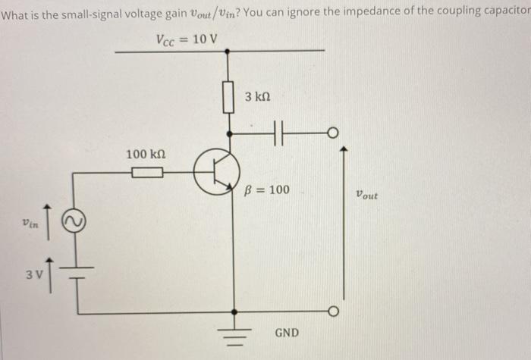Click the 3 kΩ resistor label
tap(258, 99)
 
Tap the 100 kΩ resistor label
tap(146, 155)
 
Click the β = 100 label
tap(268, 189)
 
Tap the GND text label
tap(286, 333)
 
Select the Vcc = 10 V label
tap(186, 40)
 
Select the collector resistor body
tap(226, 98)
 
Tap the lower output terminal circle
tap(331, 312)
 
